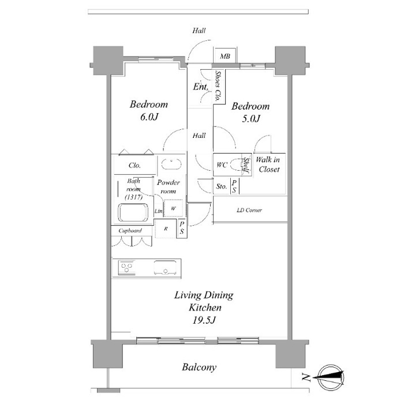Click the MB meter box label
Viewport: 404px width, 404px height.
point(225,56)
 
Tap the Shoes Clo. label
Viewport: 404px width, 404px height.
point(218,86)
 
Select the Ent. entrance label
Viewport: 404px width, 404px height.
point(201,87)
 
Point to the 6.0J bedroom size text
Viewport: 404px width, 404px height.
point(149,117)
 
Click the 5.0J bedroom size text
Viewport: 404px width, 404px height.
point(251,118)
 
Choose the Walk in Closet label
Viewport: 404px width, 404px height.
point(268,164)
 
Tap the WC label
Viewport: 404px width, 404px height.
point(222,164)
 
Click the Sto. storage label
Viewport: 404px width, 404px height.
point(222,186)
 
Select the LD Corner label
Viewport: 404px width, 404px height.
point(249,210)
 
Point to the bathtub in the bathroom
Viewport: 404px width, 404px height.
point(133,212)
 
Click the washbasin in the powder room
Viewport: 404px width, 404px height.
point(171,164)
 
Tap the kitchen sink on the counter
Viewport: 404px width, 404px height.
point(165,268)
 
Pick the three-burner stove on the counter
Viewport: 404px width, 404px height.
point(126,267)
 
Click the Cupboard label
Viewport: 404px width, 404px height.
point(130,231)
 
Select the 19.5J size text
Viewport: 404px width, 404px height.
point(204,320)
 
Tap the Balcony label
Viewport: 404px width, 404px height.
point(199,367)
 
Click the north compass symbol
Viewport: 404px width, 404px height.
point(331,377)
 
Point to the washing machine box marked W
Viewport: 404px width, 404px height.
point(173,208)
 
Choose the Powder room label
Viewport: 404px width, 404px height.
point(169,187)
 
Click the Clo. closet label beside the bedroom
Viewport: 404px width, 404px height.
point(134,165)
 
